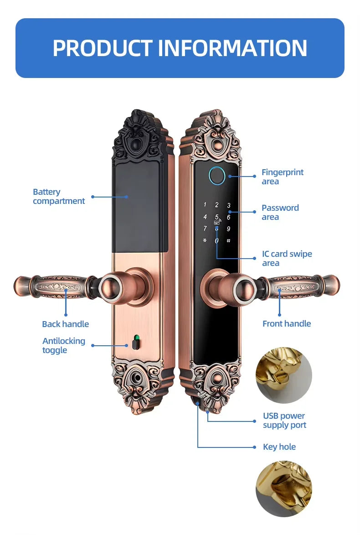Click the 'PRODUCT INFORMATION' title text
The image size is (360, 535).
click(x=180, y=48)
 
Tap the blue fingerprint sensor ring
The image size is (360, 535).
click(x=217, y=176)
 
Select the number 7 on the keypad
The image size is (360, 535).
click(x=205, y=229)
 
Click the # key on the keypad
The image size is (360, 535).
click(x=228, y=241)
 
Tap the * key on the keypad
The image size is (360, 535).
click(x=205, y=241)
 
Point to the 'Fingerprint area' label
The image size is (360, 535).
click(x=282, y=177)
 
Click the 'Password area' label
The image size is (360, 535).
click(x=280, y=213)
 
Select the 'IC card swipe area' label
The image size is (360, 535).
click(x=287, y=259)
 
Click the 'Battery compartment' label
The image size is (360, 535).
click(x=59, y=197)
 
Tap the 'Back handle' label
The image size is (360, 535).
click(x=65, y=324)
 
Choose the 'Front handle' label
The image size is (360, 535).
click(x=287, y=324)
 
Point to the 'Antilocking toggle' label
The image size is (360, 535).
click(x=63, y=346)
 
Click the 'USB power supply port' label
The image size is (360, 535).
click(x=284, y=421)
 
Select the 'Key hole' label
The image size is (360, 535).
click(x=279, y=447)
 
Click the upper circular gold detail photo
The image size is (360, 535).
click(x=283, y=375)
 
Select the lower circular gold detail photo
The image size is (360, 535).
click(x=283, y=488)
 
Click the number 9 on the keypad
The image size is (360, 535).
click(x=229, y=229)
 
